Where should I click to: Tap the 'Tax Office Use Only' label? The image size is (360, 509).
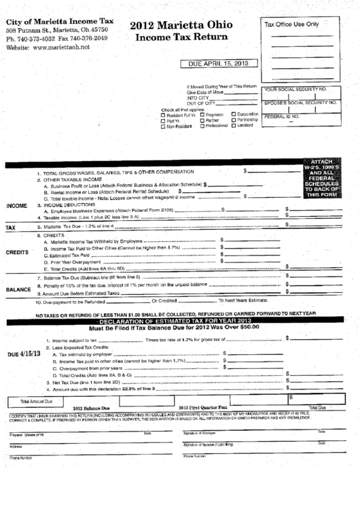[291, 24]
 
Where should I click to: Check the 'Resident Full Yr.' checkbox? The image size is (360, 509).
[162, 115]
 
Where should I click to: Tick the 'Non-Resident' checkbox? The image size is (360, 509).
[162, 126]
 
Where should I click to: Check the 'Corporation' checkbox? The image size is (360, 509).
[234, 114]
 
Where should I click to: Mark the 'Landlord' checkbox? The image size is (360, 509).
[234, 126]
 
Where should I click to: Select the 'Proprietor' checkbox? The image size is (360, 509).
[200, 115]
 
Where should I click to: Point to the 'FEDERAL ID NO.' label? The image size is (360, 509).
[283, 116]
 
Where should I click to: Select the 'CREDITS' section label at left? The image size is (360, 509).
[17, 251]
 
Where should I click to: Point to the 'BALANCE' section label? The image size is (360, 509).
[18, 289]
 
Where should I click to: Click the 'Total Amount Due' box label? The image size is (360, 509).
[36, 401]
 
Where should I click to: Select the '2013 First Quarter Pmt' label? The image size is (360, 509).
[203, 407]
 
